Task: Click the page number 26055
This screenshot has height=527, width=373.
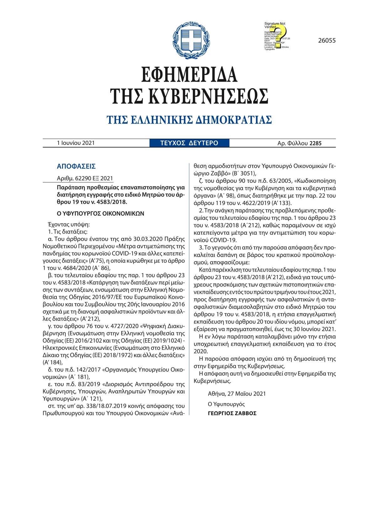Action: click(x=327, y=40)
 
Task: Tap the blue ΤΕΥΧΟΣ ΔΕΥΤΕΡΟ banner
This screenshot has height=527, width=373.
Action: click(x=189, y=143)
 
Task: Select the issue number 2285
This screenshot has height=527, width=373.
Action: click(x=315, y=144)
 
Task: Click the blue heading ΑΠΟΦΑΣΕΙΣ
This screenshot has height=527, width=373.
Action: click(x=76, y=166)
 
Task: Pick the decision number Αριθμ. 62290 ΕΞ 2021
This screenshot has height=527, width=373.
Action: click(x=84, y=178)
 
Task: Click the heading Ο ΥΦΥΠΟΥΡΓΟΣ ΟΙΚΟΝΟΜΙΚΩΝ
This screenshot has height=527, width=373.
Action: click(x=100, y=214)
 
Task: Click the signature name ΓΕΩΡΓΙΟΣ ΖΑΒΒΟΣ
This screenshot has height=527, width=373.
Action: click(x=232, y=413)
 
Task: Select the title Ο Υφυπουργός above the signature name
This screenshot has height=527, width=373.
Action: click(x=226, y=404)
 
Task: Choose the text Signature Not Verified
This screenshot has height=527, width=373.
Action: click(x=275, y=25)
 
